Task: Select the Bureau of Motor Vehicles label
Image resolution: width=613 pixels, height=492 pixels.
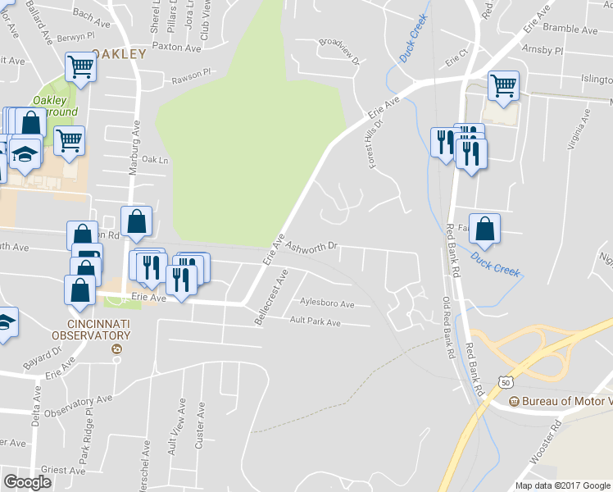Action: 565,401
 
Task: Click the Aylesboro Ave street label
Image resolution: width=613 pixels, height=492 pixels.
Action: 326,303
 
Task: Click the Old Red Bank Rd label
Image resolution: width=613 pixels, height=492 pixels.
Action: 448,327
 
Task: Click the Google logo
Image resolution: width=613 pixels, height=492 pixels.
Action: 27,482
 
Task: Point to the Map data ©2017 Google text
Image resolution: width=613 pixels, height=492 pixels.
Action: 563,485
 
